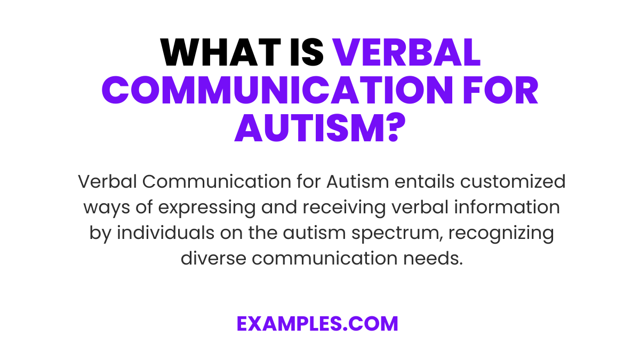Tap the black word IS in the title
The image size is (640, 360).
[x=305, y=53]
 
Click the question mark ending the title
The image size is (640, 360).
[x=391, y=130]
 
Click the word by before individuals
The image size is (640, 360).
[x=98, y=233]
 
